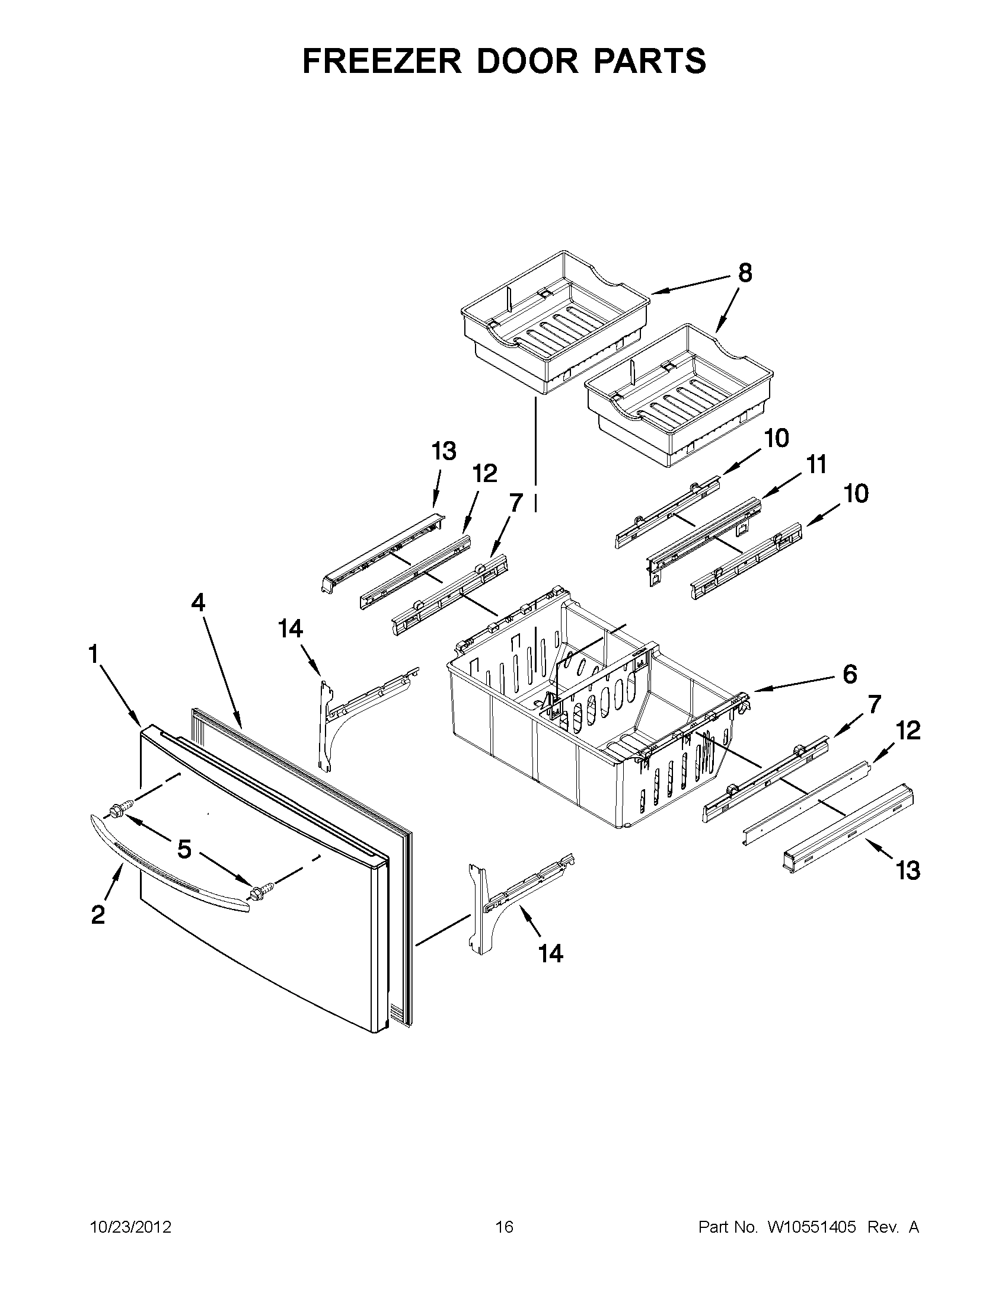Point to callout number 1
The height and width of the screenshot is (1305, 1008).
[93, 655]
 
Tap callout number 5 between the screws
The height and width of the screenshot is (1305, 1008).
[184, 848]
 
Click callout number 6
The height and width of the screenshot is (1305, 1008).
[850, 674]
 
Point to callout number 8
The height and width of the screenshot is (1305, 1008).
[745, 273]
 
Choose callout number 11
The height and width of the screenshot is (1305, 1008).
[816, 464]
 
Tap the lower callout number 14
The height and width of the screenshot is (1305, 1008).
[550, 954]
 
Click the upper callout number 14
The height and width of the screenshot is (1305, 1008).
[291, 628]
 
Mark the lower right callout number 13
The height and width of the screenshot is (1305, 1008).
[907, 870]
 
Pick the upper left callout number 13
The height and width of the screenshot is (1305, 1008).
[444, 451]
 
